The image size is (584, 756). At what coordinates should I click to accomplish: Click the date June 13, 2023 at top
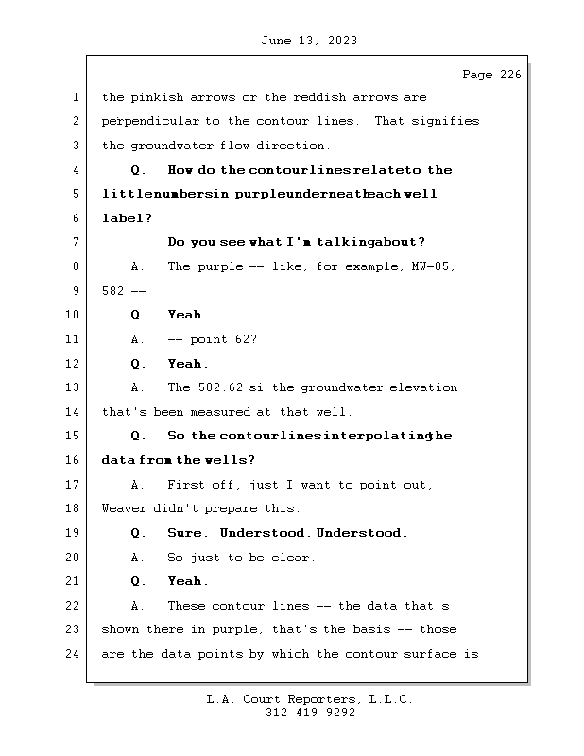pos(308,41)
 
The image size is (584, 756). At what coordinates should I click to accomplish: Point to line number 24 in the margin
pos(73,654)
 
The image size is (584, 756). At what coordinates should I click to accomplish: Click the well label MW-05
pos(432,266)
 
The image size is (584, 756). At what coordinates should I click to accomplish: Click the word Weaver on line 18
pos(124,508)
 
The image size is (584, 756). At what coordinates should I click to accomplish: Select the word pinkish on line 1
pos(158,97)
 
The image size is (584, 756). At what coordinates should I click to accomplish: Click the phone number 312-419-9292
pos(310,713)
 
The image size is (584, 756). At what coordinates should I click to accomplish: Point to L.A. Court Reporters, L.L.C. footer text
pos(310,699)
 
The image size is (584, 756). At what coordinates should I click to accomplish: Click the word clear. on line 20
pos(293,558)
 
